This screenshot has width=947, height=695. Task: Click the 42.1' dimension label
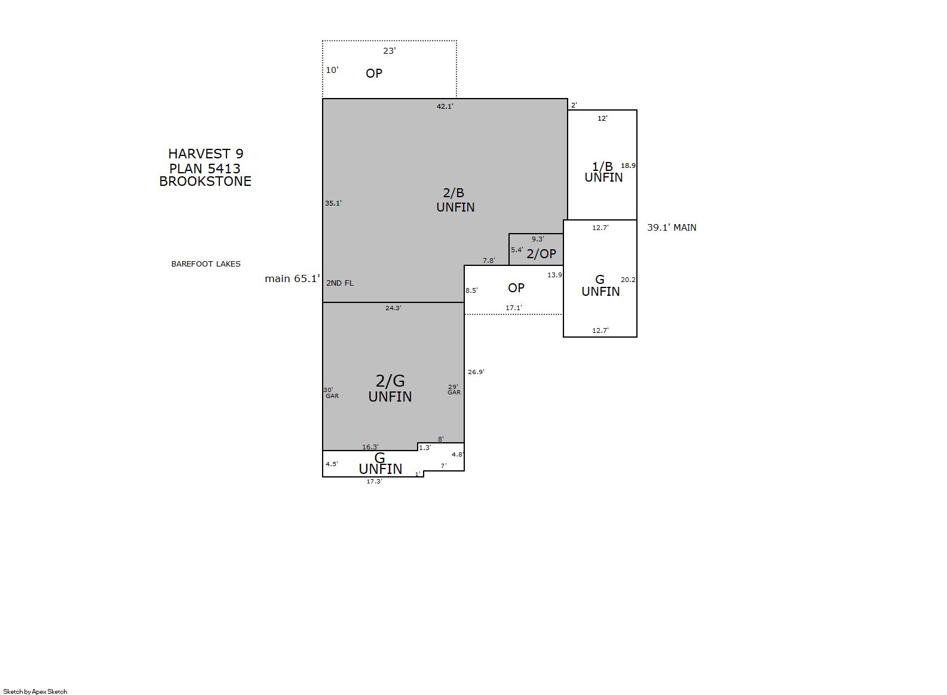click(445, 106)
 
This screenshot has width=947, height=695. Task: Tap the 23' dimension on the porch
click(390, 51)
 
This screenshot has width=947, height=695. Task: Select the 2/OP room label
click(541, 253)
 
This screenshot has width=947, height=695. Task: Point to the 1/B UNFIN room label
click(603, 172)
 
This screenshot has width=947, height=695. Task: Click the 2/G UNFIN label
click(390, 388)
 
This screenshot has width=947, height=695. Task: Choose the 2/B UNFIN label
click(455, 200)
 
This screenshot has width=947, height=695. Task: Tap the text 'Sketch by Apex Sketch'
click(35, 691)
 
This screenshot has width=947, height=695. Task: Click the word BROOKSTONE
click(205, 181)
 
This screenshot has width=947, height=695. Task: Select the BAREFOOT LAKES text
click(206, 264)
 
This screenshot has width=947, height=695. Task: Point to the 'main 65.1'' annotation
click(292, 278)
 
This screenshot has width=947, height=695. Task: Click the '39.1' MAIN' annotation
click(672, 228)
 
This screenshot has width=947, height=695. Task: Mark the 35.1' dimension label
click(333, 203)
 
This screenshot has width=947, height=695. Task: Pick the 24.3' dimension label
click(393, 308)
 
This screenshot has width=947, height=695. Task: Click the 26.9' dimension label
click(476, 372)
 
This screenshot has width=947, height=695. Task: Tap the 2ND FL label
click(340, 283)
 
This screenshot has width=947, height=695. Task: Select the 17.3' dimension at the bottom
click(374, 481)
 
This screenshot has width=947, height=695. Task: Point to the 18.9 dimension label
click(628, 166)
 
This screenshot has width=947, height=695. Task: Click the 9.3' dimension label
click(538, 239)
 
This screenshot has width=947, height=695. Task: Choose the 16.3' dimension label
click(370, 447)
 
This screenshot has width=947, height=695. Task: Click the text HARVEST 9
click(206, 154)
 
